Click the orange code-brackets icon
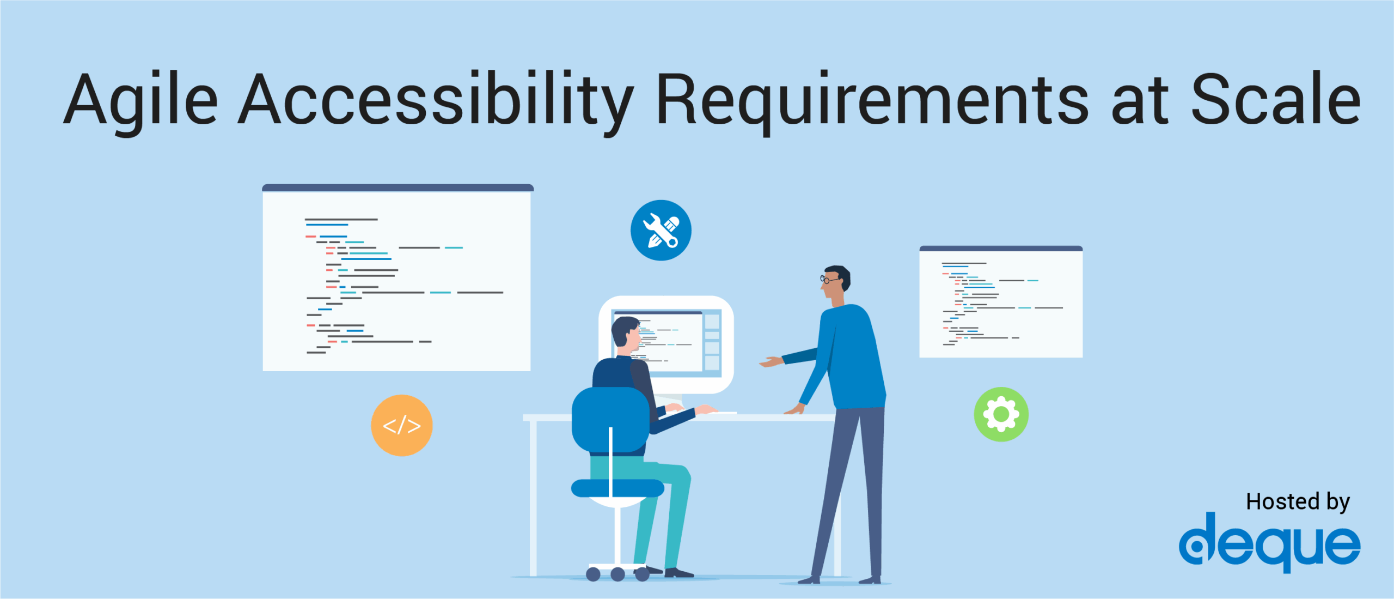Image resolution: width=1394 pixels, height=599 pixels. coord(402,425)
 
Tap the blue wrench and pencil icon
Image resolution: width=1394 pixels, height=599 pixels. coord(661,230)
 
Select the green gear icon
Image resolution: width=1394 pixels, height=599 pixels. coord(1001,414)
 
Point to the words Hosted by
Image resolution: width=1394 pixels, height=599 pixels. coord(1298,501)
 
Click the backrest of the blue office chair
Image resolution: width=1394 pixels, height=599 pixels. coord(610,420)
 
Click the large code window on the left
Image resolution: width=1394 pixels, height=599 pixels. coord(396,281)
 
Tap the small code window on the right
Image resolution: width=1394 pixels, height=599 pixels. coord(1001,304)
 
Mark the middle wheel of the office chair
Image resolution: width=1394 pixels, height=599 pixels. coord(617,574)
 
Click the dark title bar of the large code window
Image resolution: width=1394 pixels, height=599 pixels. coord(398,188)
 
